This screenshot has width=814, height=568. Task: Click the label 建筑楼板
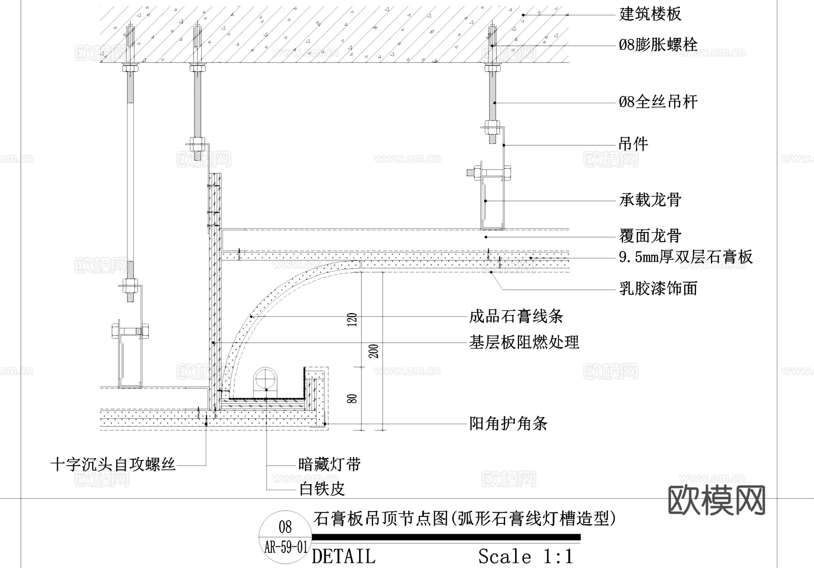point(650,14)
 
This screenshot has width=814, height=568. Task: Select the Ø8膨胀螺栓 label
point(658,45)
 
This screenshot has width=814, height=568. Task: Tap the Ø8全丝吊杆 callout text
point(658,102)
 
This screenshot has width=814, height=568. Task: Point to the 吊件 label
point(633,144)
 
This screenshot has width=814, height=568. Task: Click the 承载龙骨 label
point(650,200)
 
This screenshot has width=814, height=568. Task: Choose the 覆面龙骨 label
point(650,236)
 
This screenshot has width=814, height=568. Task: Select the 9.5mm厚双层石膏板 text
point(686,257)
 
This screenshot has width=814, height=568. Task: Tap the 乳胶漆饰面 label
point(658,288)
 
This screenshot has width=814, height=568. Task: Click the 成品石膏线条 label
point(516,316)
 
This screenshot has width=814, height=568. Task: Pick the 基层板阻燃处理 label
point(524,342)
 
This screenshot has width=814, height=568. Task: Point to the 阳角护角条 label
point(508,424)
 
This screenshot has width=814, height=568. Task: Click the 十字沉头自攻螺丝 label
point(113,464)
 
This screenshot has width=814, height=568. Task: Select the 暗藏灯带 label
point(330,464)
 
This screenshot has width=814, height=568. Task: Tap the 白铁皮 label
point(322,489)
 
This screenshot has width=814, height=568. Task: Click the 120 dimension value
point(354,320)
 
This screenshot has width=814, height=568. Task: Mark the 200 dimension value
point(374,351)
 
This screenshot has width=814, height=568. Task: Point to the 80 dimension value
point(354,399)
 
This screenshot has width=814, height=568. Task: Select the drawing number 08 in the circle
point(285,527)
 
